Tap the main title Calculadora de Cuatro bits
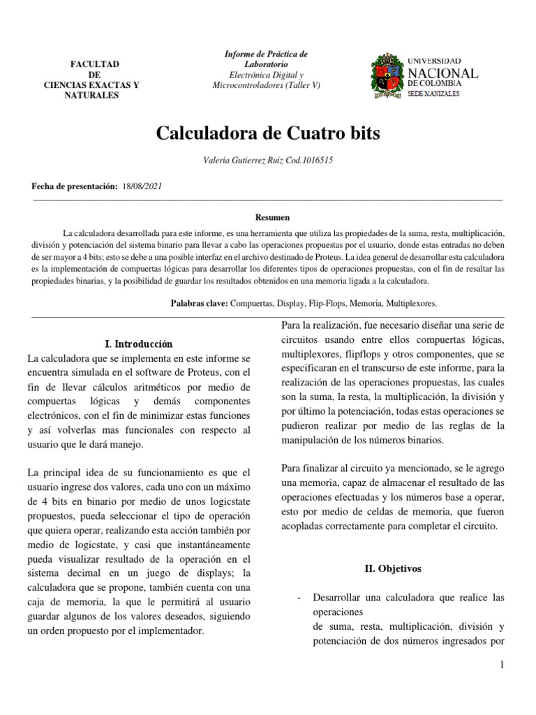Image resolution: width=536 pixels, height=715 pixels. (x=267, y=133)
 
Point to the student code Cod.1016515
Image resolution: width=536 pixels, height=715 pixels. (x=307, y=161)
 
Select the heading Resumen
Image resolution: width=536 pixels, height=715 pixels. (x=267, y=217)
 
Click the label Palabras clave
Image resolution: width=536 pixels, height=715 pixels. (x=198, y=304)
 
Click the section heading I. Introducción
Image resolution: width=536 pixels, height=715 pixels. (x=137, y=344)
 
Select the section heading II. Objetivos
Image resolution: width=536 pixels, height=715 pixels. (x=394, y=569)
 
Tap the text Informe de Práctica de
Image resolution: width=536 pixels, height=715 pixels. (x=266, y=54)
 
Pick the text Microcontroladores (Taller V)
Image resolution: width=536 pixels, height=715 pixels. (x=266, y=85)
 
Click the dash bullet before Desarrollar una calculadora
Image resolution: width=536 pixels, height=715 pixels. (x=299, y=598)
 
